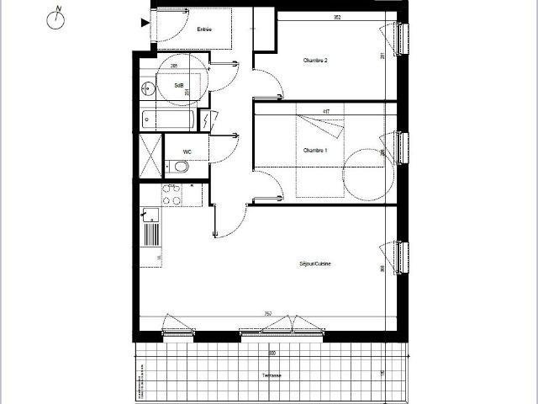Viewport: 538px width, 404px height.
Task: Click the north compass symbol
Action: [x=57, y=19]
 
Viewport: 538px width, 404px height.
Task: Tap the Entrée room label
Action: [x=203, y=30]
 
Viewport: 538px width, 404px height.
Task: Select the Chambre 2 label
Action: [x=315, y=61]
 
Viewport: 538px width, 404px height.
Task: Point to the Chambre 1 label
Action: [x=315, y=150]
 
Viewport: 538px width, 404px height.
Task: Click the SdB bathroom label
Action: [x=179, y=86]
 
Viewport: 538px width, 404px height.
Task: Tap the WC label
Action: [x=189, y=152]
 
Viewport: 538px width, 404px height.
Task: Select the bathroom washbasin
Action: [x=149, y=87]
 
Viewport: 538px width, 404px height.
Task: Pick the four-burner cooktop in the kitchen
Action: [x=171, y=195]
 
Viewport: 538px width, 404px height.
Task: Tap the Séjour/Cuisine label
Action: [x=315, y=264]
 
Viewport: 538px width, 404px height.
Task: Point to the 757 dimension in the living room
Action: [x=267, y=314]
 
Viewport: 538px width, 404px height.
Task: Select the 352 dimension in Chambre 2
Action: [x=335, y=16]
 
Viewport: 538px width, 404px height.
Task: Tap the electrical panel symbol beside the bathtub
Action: [x=208, y=121]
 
